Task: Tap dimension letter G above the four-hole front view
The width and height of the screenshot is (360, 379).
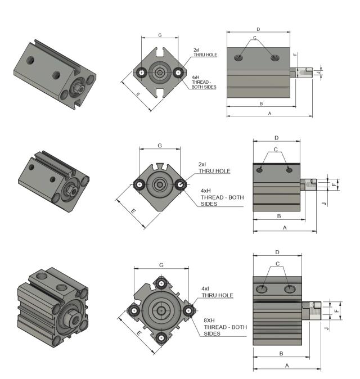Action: click(x=161, y=264)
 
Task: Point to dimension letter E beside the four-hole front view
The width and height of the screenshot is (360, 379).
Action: click(x=138, y=333)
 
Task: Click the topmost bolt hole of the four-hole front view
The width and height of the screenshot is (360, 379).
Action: click(x=162, y=282)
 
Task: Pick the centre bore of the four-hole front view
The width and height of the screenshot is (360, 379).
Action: click(x=162, y=310)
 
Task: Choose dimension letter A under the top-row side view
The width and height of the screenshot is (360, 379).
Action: click(x=269, y=113)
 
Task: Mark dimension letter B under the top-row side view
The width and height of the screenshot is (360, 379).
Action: click(x=261, y=103)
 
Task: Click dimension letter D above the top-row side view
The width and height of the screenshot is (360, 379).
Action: click(x=258, y=29)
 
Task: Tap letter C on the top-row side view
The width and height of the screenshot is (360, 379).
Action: click(x=255, y=38)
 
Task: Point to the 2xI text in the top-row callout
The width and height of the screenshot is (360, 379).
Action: click(x=197, y=49)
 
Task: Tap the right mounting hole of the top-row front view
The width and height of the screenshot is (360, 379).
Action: click(x=179, y=72)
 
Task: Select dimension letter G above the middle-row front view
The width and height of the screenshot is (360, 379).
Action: click(x=160, y=146)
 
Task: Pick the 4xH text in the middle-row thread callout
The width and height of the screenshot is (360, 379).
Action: click(x=206, y=191)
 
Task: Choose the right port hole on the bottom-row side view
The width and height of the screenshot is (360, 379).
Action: click(x=290, y=289)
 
